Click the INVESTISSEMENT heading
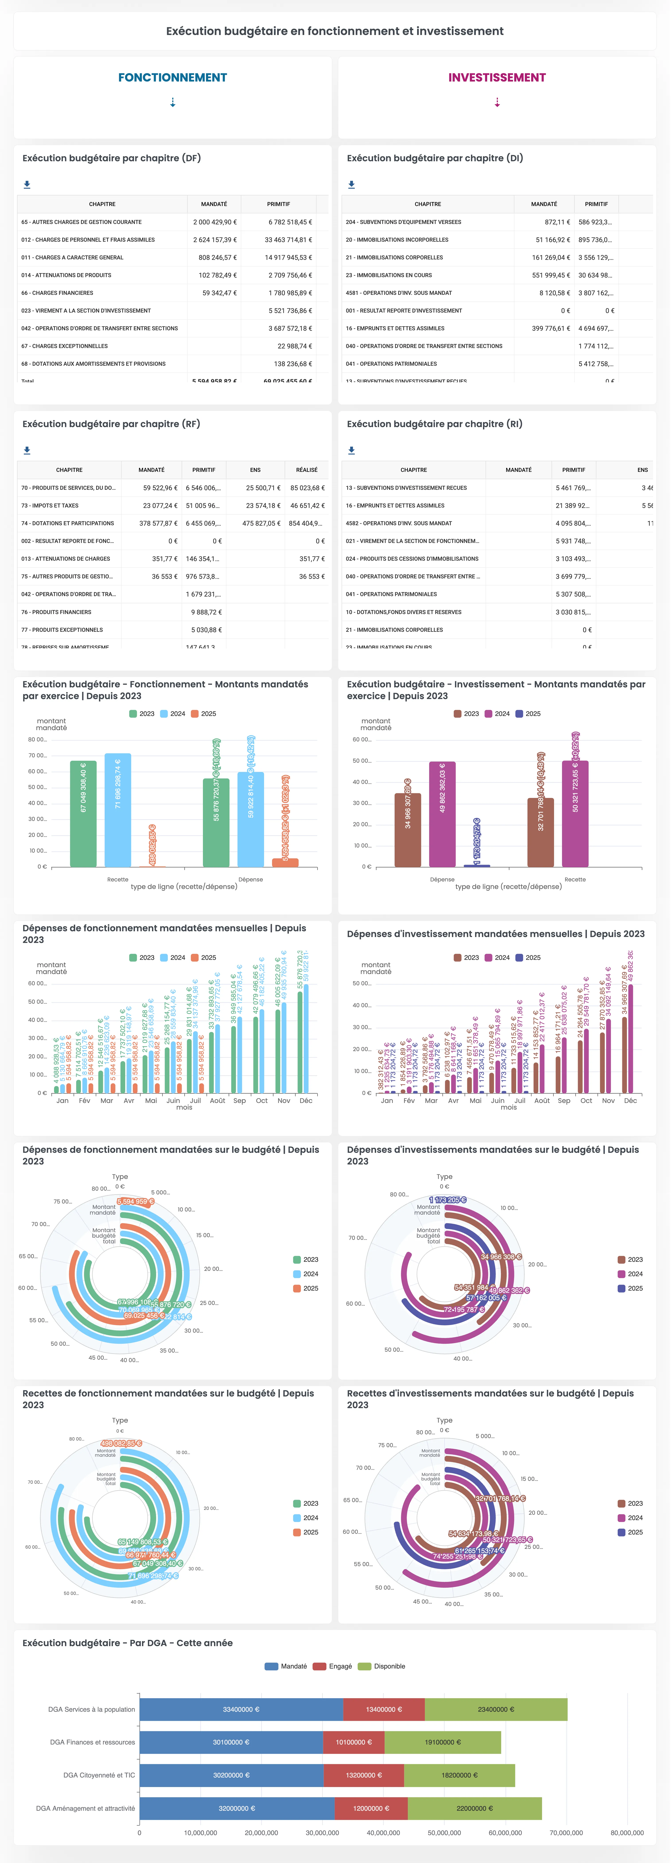coord(497,77)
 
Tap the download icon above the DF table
coord(27,185)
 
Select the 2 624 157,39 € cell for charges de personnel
coord(215,239)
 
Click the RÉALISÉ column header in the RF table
coord(307,470)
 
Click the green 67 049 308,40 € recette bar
coord(83,814)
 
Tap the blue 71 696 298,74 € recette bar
coord(118,810)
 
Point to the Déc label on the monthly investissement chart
coord(630,1101)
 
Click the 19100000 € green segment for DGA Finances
coord(443,1742)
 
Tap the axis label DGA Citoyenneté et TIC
coord(99,1775)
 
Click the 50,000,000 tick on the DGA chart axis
coord(444,1833)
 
